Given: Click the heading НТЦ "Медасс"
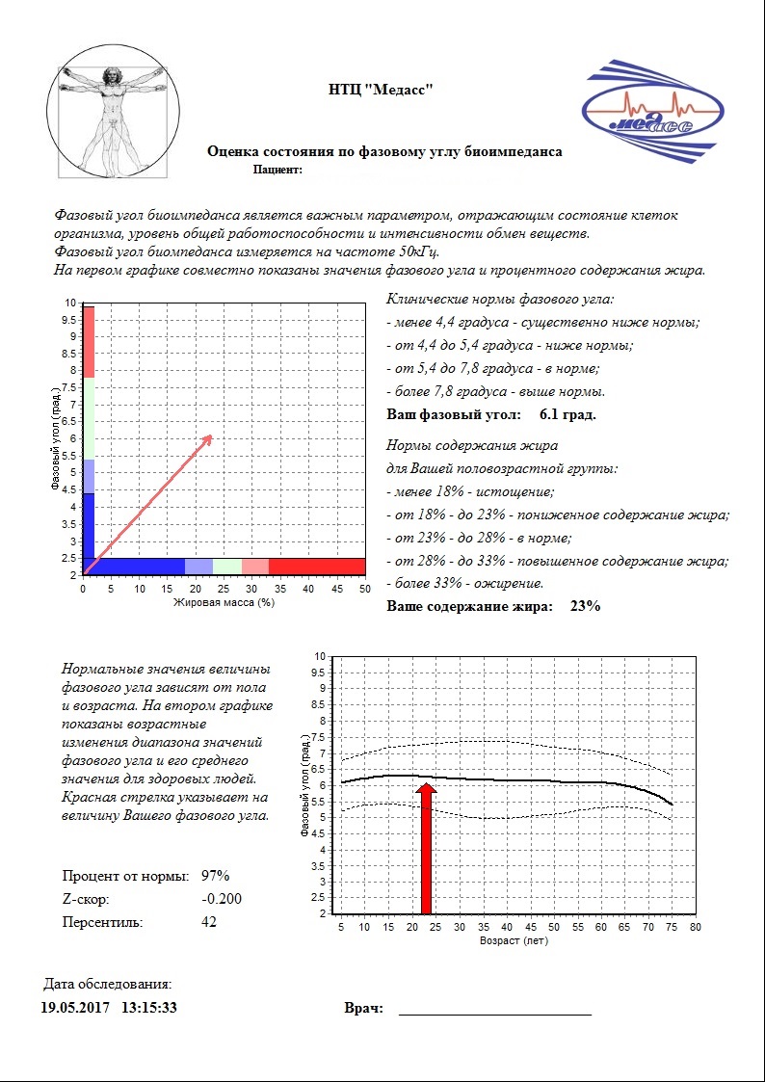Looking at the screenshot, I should [382, 90].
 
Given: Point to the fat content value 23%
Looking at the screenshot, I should [585, 606].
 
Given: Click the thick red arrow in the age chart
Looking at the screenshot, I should [428, 848].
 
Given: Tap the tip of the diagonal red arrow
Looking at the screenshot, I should [211, 435].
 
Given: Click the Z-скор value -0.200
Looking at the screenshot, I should [222, 899].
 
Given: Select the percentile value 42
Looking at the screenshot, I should [209, 922].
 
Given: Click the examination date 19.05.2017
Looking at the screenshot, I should [75, 1008].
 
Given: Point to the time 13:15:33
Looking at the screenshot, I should [149, 1008].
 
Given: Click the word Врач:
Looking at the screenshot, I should [364, 1009].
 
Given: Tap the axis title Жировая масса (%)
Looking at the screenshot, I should [224, 603].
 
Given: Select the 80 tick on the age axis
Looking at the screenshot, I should [695, 927].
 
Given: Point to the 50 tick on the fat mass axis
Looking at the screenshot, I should [363, 589].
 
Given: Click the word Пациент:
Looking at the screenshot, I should [277, 170].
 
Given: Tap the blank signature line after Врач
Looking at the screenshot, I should [494, 1012].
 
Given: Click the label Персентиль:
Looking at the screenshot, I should [102, 922].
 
